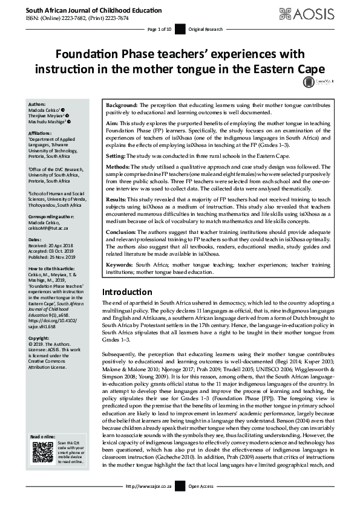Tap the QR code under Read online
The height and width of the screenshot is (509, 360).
(x=41, y=486)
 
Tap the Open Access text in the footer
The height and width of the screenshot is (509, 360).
(x=201, y=502)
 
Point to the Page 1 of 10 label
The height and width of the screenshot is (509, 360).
(x=160, y=29)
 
